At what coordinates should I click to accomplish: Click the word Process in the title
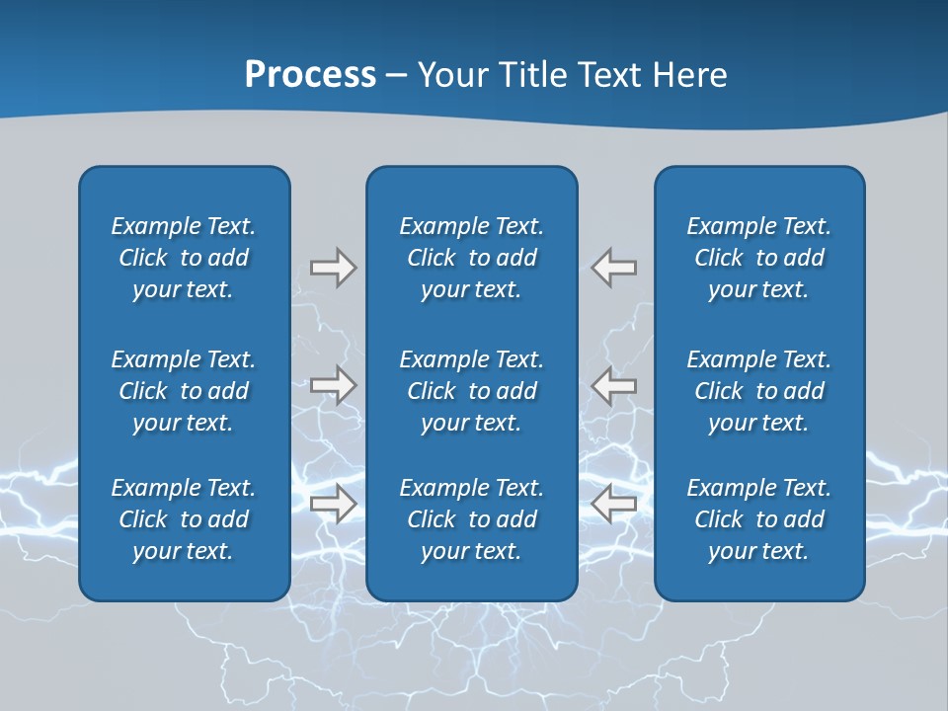[x=310, y=75]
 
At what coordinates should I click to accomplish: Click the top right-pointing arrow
[x=333, y=268]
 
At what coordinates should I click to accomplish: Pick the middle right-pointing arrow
[x=333, y=385]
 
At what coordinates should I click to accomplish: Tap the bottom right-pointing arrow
[x=333, y=504]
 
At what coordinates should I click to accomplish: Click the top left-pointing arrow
[x=614, y=268]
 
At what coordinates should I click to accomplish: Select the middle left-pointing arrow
[x=614, y=385]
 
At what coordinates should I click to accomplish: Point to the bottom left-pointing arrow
[x=614, y=504]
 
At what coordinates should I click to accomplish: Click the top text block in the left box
[x=184, y=258]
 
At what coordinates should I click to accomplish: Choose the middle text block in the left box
[x=184, y=391]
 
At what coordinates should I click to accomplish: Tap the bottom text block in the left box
[x=184, y=519]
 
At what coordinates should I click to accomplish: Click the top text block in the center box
[x=472, y=258]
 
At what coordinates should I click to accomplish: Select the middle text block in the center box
[x=472, y=391]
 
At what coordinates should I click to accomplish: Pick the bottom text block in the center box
[x=472, y=519]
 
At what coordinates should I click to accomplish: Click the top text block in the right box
[x=759, y=258]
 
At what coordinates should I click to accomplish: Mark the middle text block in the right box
[x=759, y=391]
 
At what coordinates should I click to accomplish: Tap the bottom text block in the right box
[x=759, y=519]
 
